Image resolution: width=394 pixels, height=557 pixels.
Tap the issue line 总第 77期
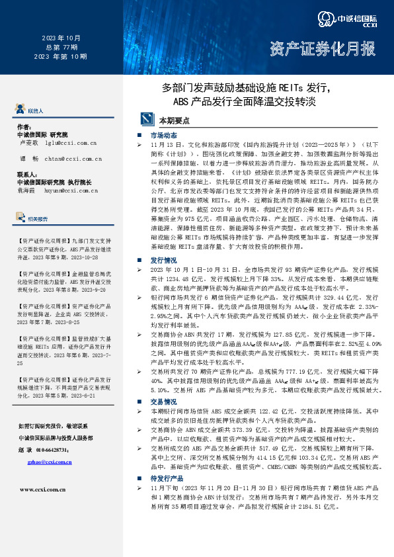coord(61,48)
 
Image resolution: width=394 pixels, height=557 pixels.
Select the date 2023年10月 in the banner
coord(61,38)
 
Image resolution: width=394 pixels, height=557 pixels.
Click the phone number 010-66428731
coord(60,449)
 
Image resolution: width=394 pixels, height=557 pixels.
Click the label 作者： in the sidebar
coord(24,126)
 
